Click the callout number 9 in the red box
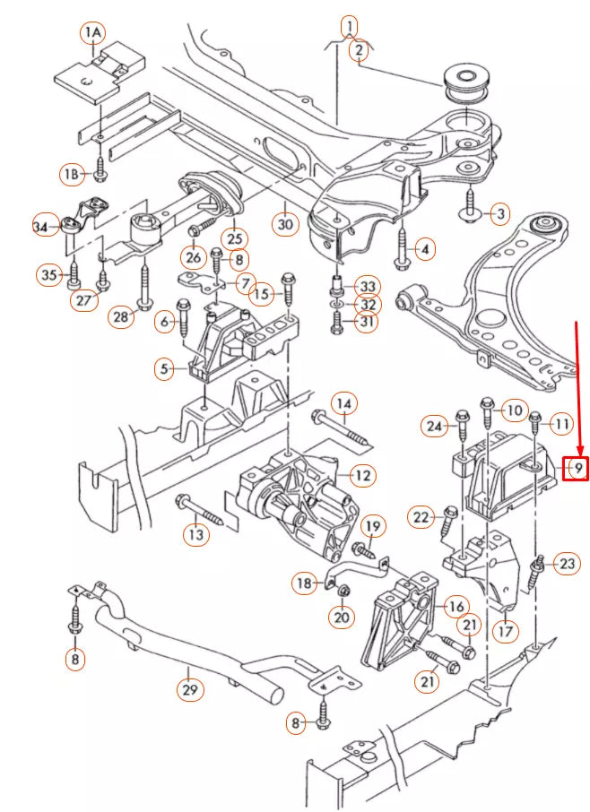pos(578,468)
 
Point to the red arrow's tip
pos(579,454)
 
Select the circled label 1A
pos(93,34)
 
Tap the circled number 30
pos(285,224)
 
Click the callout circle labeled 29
pos(189,689)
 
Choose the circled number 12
pos(361,475)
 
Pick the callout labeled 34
pos(41,228)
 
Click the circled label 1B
pos(73,172)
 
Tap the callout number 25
pos(235,238)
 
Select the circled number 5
pos(164,367)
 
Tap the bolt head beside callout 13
pos(184,499)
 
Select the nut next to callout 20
pos(343,590)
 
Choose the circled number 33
pos(367,286)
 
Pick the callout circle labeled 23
pos(568,564)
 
